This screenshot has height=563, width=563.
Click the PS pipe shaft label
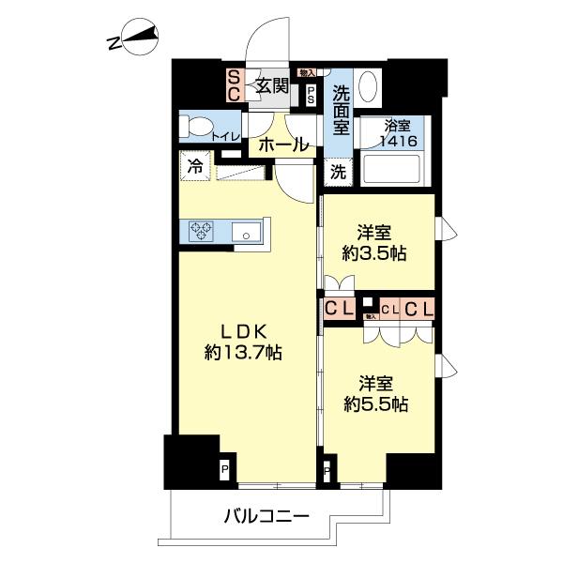pos(311,93)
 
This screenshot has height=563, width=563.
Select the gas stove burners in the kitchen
pos(203,230)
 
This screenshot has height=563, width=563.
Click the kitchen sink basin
pos(248,232)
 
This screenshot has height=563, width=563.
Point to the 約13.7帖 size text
pos(244,354)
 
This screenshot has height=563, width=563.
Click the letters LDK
pos(245,331)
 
